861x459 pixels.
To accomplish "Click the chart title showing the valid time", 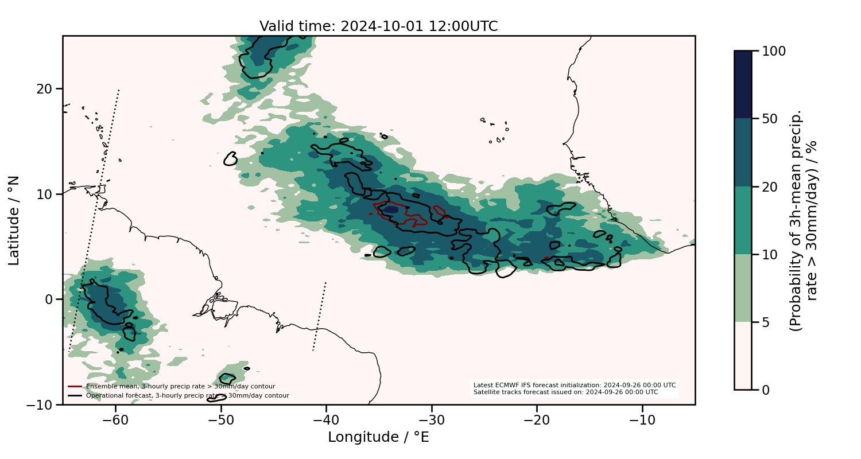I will coord(378,26).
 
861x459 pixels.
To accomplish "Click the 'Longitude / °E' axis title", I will coord(378,437).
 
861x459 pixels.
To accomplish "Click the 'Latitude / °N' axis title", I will coord(14,220).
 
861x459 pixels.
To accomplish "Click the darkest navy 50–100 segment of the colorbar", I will coord(743,84).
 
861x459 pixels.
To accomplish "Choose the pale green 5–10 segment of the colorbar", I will coord(743,287).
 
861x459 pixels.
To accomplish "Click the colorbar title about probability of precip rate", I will coord(803,220).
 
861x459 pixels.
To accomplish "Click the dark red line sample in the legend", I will coord(75,386).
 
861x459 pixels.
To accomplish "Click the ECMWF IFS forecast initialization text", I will coord(574,385).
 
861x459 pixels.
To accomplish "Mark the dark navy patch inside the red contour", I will coord(391,210).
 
